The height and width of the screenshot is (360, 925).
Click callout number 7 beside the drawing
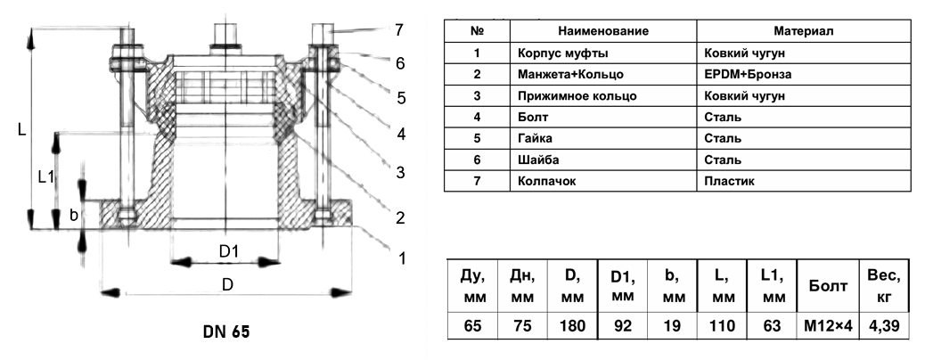[400, 30]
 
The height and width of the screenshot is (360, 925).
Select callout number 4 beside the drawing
[402, 135]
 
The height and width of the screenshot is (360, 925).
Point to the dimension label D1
[228, 252]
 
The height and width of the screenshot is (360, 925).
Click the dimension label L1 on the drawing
[46, 176]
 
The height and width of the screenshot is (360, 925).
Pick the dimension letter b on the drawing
[75, 215]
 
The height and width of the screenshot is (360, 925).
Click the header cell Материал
[803, 31]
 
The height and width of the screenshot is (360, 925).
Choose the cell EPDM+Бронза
[748, 74]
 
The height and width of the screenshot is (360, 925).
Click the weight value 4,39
[884, 326]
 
